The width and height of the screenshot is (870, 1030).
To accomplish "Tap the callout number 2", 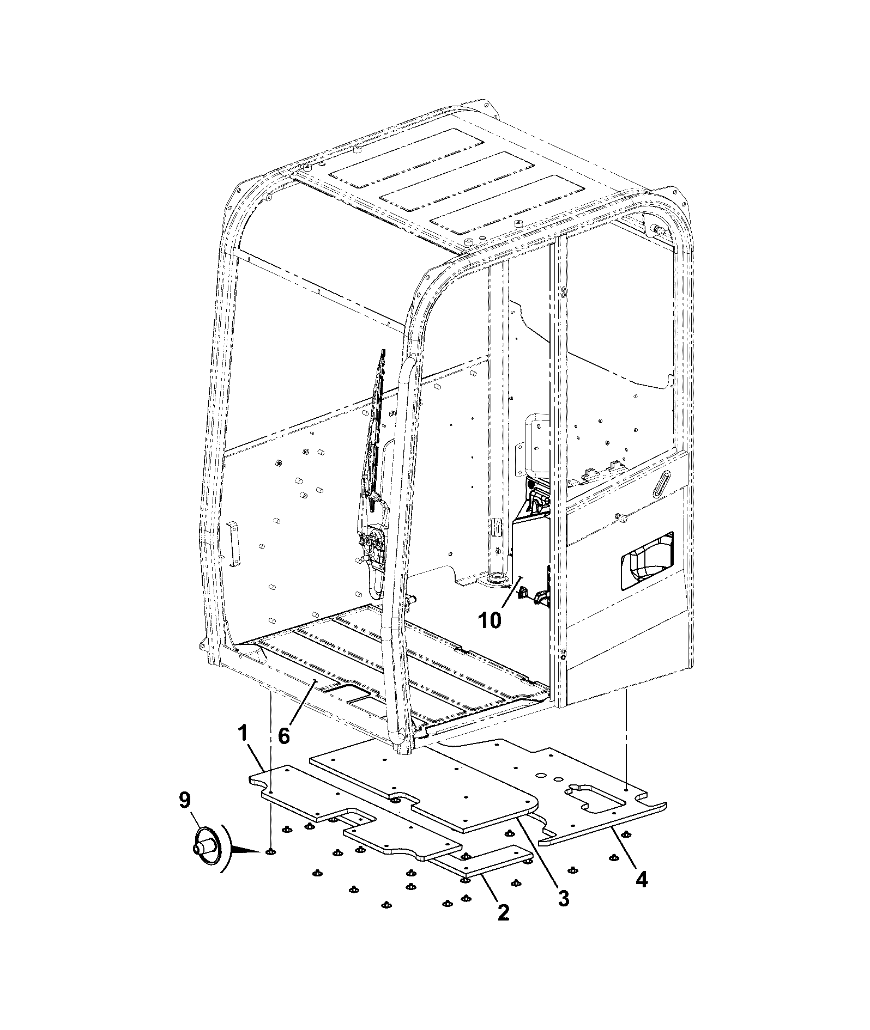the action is (x=502, y=912).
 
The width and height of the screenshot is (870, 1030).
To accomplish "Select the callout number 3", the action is (x=563, y=898).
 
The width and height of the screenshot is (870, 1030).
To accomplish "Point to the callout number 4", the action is (x=642, y=879).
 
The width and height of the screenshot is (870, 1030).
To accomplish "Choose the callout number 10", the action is (x=490, y=620).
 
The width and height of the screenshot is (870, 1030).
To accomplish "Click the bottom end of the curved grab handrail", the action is (x=401, y=749).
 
